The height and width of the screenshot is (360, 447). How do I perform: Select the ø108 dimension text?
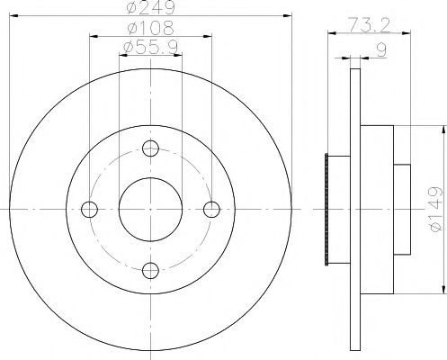pos(150,29)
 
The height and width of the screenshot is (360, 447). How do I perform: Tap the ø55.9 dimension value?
pos(150,47)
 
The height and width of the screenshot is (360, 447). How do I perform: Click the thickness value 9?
pos(381,52)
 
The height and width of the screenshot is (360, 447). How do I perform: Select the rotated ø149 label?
pos(435,210)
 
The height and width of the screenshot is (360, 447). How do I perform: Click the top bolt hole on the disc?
pos(150,149)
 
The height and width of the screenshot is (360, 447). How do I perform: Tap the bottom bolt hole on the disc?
pos(150,267)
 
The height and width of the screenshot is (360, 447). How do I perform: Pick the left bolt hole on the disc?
pos(89,209)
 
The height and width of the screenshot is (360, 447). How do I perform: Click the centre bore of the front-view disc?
pos(150,209)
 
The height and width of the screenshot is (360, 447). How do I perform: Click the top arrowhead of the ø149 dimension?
pos(442,131)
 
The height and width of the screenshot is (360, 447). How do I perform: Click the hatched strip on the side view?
pos(326,209)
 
